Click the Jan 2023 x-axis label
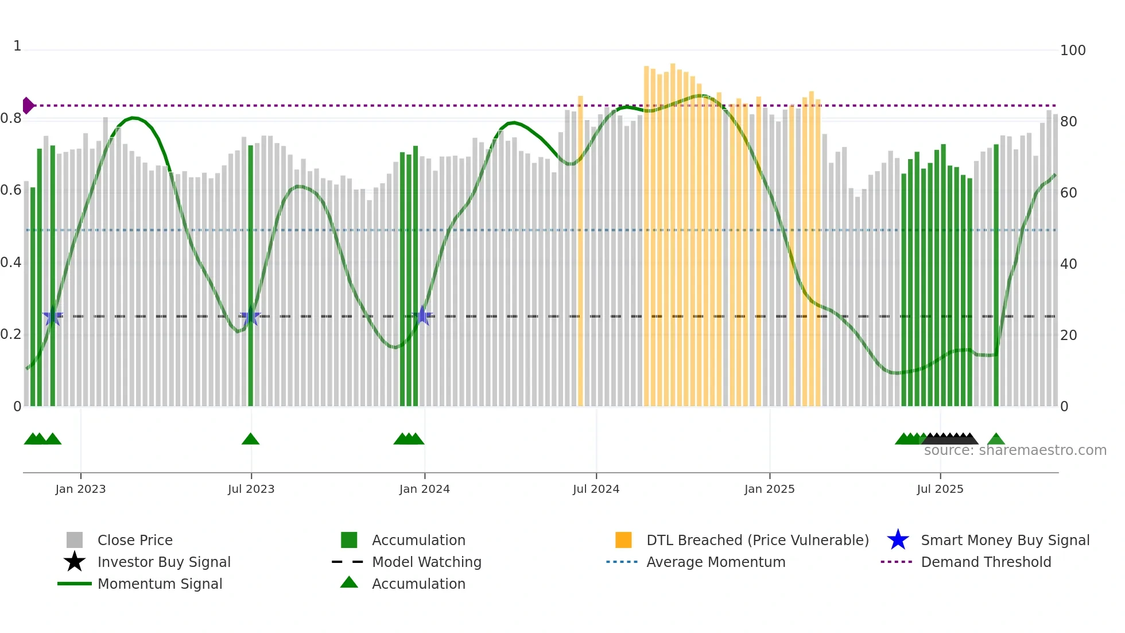coord(80,489)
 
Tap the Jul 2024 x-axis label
coord(596,489)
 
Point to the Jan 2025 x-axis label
coord(769,489)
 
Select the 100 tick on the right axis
coord(1072,51)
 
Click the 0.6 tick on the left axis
coord(11,190)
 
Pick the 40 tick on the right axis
coord(1068,264)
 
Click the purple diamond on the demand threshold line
coord(28,106)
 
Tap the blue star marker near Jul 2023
coord(250,317)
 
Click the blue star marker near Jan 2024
coord(422,316)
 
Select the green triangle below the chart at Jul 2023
coord(250,439)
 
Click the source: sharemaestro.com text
coord(1015,450)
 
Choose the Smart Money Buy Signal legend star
coord(898,540)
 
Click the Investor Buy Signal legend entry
coord(164,562)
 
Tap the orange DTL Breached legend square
coord(623,540)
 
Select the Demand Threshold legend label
coord(986,562)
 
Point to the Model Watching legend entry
coord(426,562)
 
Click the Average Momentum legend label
coord(715,562)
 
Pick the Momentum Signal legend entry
coord(160,584)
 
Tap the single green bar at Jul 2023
coord(250,276)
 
